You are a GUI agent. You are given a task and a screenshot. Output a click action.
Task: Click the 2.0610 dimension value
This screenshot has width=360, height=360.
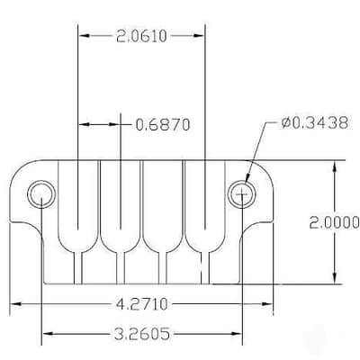point(141,36)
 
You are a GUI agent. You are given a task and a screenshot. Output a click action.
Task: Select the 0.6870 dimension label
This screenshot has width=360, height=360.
point(163,124)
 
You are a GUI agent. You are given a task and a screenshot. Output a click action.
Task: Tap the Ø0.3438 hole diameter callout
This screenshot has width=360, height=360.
point(315,122)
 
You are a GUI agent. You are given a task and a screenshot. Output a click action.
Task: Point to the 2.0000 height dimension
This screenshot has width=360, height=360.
point(334,222)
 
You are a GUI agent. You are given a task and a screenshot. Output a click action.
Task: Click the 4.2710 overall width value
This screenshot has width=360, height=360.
point(142,304)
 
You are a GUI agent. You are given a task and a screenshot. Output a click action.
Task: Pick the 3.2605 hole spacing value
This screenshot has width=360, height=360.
point(142,334)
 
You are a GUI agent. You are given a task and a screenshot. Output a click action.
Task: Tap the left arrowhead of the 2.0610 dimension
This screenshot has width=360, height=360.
point(84,36)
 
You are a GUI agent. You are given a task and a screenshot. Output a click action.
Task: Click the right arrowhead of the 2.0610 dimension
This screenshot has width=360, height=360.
point(199,36)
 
